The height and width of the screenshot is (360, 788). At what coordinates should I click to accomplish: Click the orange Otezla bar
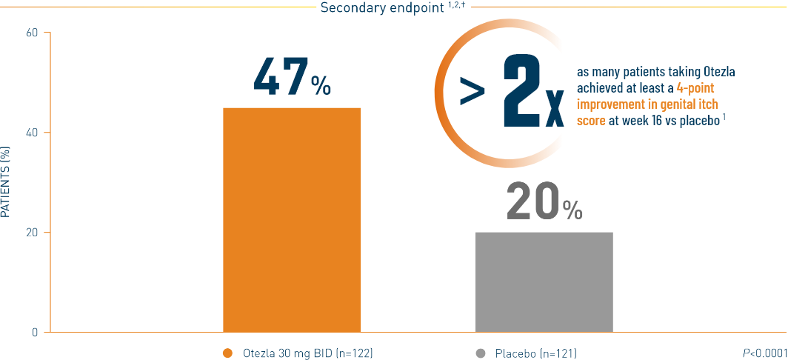coord(292,219)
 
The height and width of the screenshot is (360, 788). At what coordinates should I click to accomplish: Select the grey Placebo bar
coord(544,281)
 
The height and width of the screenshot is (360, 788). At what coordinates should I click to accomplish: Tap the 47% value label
coord(291,76)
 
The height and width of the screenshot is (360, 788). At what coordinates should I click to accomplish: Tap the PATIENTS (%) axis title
coord(6,181)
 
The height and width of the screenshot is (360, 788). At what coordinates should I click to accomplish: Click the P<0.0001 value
coord(764,353)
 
